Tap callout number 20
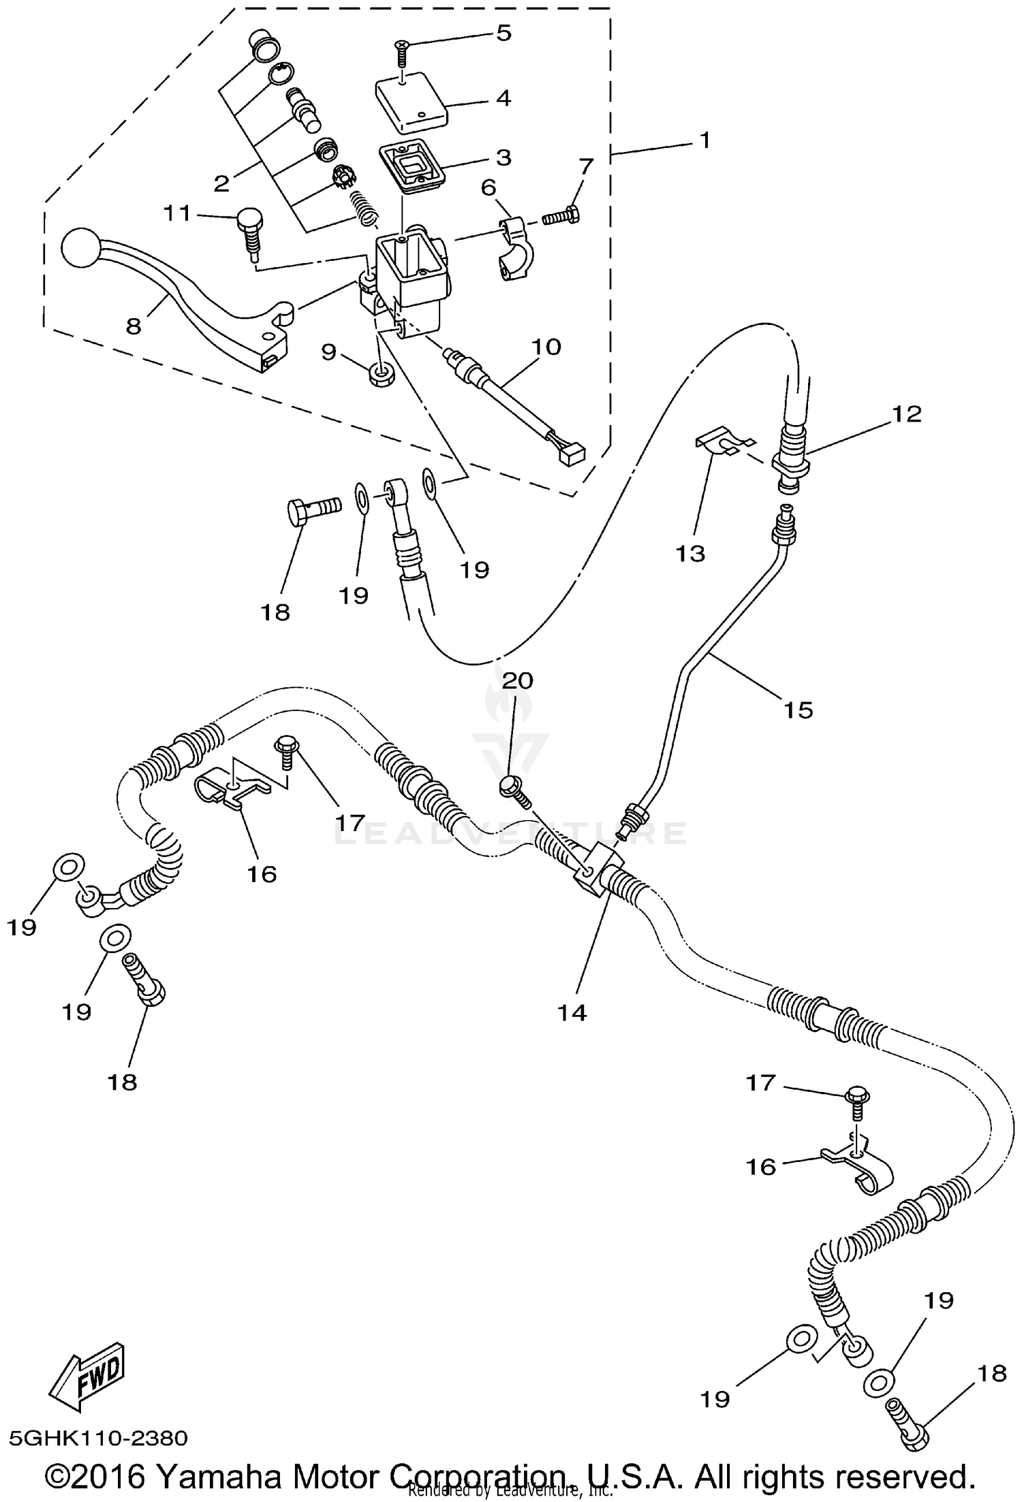(518, 680)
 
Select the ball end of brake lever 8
(80, 249)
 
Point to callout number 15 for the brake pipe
(799, 710)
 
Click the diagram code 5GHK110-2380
(98, 1438)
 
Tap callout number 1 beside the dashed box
(705, 140)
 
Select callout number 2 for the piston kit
(221, 183)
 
